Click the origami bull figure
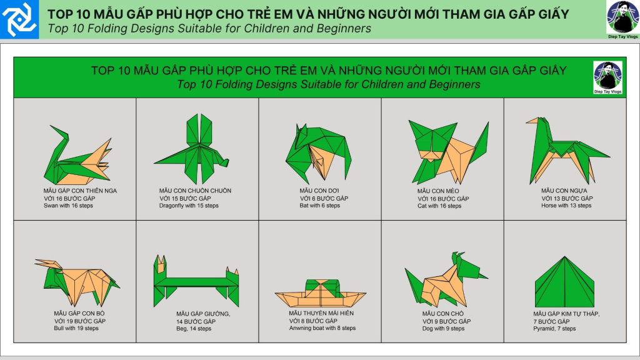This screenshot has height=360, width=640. [x=77, y=282]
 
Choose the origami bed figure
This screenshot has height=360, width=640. [x=196, y=282]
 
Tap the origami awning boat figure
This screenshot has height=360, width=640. [x=321, y=293]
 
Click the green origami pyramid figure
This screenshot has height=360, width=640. [x=564, y=282]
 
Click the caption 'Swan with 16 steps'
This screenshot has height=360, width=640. [x=68, y=206]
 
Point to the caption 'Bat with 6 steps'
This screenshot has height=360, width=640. [x=319, y=206]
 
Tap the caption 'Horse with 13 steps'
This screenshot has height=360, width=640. [x=566, y=206]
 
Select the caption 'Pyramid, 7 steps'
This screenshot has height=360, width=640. [x=554, y=329]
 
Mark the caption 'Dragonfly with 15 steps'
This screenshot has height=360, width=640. [x=189, y=206]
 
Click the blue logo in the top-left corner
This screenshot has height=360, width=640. [x=19, y=19]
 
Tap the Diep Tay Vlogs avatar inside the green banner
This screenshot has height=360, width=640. [x=607, y=77]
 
